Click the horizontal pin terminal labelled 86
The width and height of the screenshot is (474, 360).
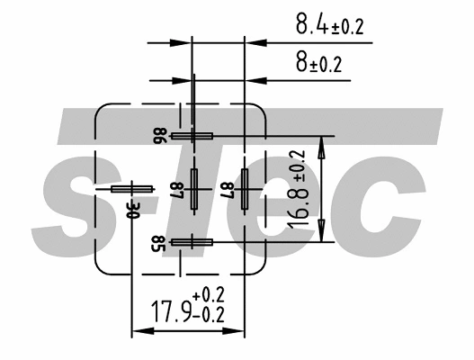point(192,136)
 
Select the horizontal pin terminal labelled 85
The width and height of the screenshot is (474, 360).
point(192,241)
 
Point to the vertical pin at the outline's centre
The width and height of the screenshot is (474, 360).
point(194,189)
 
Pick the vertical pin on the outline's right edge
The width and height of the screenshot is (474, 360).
point(244,189)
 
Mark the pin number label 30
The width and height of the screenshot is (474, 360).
point(133,210)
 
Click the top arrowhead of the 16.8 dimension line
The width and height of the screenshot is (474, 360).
point(320,142)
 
